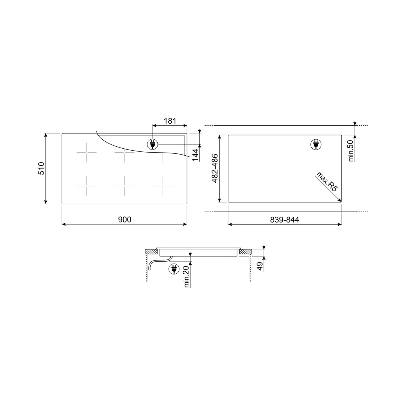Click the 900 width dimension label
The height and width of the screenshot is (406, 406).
coord(124,219)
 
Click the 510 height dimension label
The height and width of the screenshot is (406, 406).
coord(41,168)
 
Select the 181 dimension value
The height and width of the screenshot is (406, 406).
coord(170,121)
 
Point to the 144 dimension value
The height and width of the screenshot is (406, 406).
coord(196,155)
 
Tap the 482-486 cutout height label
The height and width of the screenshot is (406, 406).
coord(215,168)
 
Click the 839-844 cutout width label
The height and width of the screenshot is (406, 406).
coord(285,220)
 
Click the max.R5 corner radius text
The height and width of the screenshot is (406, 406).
coord(326,182)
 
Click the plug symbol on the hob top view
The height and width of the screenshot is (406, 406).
coord(153,144)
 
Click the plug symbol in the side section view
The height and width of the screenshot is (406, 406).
coord(174,269)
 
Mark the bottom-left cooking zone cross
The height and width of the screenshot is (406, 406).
coord(87,186)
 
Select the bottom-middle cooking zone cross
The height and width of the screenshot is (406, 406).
coord(124,186)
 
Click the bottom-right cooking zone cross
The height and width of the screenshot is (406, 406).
coord(163,186)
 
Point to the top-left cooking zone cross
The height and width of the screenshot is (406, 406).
coord(87,152)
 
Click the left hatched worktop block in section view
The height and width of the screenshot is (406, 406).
coord(151,252)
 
